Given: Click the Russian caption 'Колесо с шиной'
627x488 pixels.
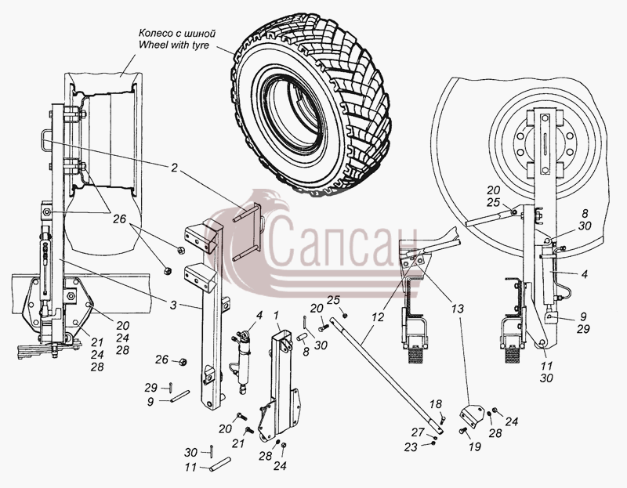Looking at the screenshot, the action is [x=177, y=33].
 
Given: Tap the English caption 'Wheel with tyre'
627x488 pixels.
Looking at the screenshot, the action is [x=174, y=45].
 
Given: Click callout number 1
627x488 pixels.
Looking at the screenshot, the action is [x=277, y=316].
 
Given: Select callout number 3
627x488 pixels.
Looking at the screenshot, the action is [x=172, y=305].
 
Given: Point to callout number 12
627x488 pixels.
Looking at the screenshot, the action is [x=378, y=317].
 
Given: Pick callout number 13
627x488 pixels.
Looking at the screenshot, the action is [x=458, y=309].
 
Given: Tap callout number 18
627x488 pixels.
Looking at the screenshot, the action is [x=436, y=404].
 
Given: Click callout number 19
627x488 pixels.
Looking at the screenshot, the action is [x=475, y=446].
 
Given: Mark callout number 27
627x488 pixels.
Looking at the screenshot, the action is [x=418, y=432].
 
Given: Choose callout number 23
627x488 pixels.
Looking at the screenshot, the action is [x=411, y=446].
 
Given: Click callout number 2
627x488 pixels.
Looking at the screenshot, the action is [x=173, y=168].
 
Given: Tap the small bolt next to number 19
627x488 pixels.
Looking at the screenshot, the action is [x=463, y=431].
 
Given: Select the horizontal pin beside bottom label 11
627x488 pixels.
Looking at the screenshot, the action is [x=220, y=464].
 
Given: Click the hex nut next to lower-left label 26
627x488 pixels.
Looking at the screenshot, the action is [x=183, y=362].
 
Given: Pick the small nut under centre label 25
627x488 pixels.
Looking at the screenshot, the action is [x=345, y=316].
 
